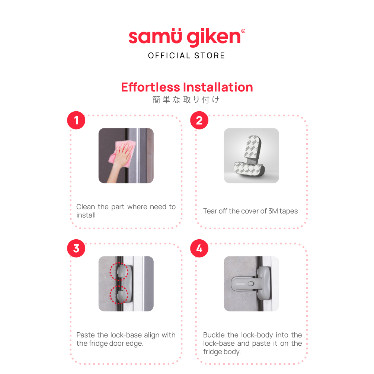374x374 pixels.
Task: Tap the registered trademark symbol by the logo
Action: [x=243, y=31]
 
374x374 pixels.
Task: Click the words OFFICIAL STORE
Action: [x=186, y=55]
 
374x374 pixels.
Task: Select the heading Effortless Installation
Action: [x=187, y=87]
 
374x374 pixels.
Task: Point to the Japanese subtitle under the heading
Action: [x=186, y=99]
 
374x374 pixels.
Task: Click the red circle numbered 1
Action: [x=76, y=120]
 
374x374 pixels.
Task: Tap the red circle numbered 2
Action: [x=199, y=120]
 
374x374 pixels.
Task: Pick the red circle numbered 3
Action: [x=76, y=248]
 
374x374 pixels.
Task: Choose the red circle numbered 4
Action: [x=199, y=248]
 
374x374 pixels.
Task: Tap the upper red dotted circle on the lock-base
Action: [x=119, y=271]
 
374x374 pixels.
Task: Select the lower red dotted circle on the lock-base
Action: [x=119, y=295]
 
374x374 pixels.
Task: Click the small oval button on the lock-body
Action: [x=251, y=284]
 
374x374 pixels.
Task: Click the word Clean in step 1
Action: [x=86, y=207]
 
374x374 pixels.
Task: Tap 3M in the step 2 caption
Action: [x=273, y=211]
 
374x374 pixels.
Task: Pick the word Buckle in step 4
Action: [x=214, y=335]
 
